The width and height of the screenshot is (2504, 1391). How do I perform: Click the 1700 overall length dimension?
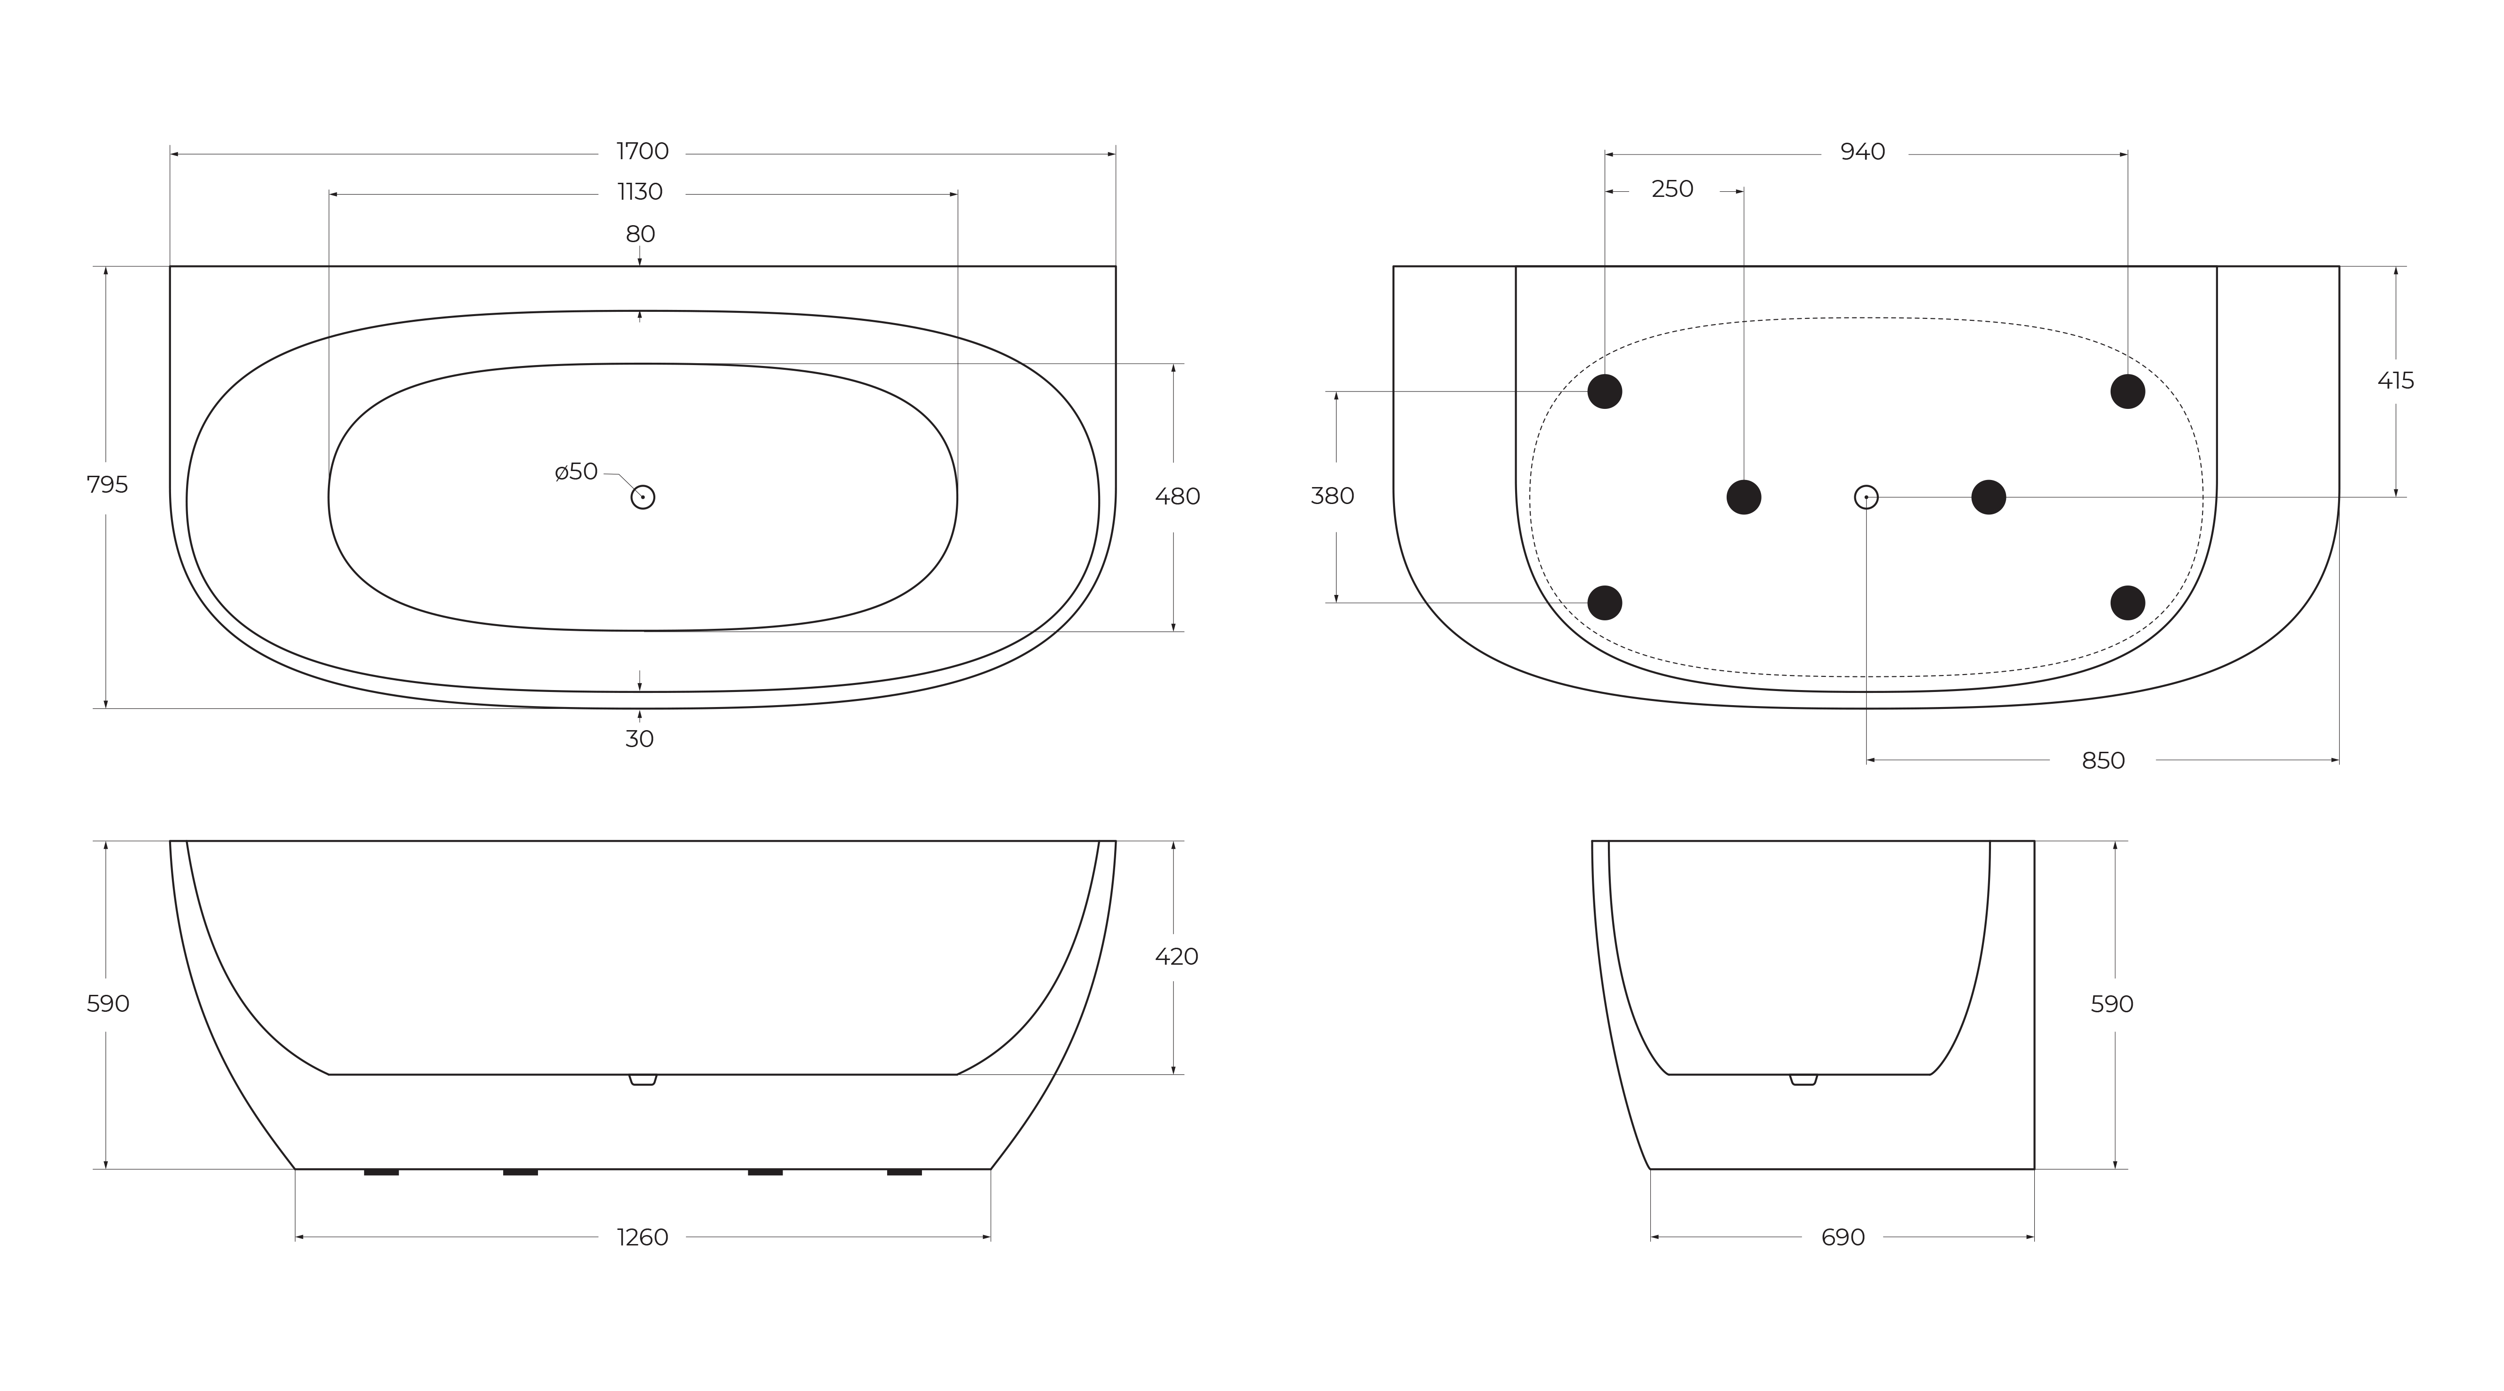click(643, 152)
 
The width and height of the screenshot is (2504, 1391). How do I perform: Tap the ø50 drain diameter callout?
click(577, 472)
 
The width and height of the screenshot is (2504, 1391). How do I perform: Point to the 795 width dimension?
click(107, 484)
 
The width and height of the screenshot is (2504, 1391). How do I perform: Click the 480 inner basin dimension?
click(1177, 496)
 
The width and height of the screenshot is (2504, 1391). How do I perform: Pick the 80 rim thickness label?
click(640, 234)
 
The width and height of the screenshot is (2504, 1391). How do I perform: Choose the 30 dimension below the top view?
click(640, 739)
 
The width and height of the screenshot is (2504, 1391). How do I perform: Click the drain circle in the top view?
click(643, 496)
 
